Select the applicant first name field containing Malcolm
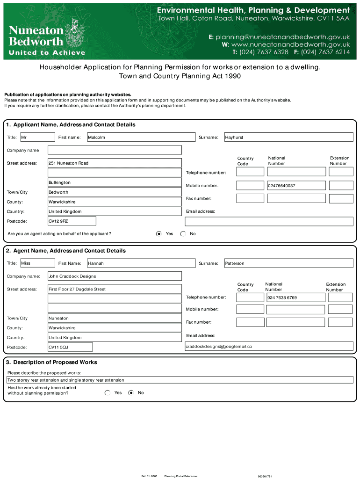(x=141, y=137)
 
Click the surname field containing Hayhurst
(x=288, y=137)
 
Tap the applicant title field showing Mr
(x=37, y=137)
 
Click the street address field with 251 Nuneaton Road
(x=115, y=163)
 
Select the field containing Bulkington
(x=115, y=182)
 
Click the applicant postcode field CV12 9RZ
(x=72, y=221)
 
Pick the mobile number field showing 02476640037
(x=295, y=186)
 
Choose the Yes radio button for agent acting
(x=159, y=233)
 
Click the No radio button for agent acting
(x=183, y=233)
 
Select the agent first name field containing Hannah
(x=141, y=263)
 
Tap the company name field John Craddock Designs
(x=115, y=276)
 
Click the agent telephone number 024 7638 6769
(x=295, y=298)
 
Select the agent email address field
(x=269, y=346)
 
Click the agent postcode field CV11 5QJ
(x=70, y=347)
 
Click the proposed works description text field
(x=180, y=380)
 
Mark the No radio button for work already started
(x=131, y=393)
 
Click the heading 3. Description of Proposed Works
(x=51, y=362)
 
